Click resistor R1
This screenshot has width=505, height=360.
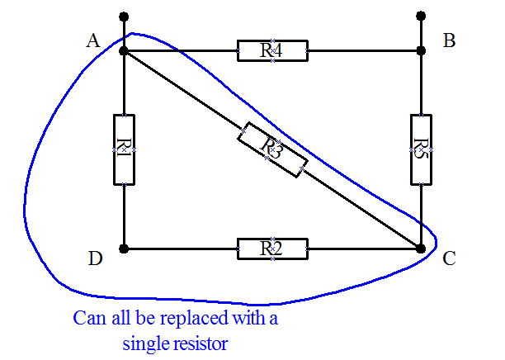pyautogui.click(x=123, y=149)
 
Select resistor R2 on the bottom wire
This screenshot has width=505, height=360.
pyautogui.click(x=271, y=248)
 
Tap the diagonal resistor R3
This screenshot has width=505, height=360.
pyautogui.click(x=272, y=149)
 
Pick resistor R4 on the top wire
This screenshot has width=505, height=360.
pyautogui.click(x=271, y=50)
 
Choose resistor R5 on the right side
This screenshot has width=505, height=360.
pyautogui.click(x=421, y=149)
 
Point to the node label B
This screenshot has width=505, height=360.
pyautogui.click(x=450, y=40)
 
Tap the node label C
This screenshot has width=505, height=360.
pyautogui.click(x=450, y=258)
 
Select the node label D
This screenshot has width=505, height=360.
pyautogui.click(x=95, y=258)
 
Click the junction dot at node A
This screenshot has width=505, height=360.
pyautogui.click(x=124, y=50)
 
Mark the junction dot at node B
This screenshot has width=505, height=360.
pyautogui.click(x=421, y=50)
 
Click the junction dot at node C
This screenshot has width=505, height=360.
pyautogui.click(x=421, y=248)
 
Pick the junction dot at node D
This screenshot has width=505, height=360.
pyautogui.click(x=124, y=248)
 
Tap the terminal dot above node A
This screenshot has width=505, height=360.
pyautogui.click(x=124, y=16)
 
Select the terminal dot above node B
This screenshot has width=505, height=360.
pyautogui.click(x=421, y=16)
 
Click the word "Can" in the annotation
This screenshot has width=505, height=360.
pyautogui.click(x=87, y=318)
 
